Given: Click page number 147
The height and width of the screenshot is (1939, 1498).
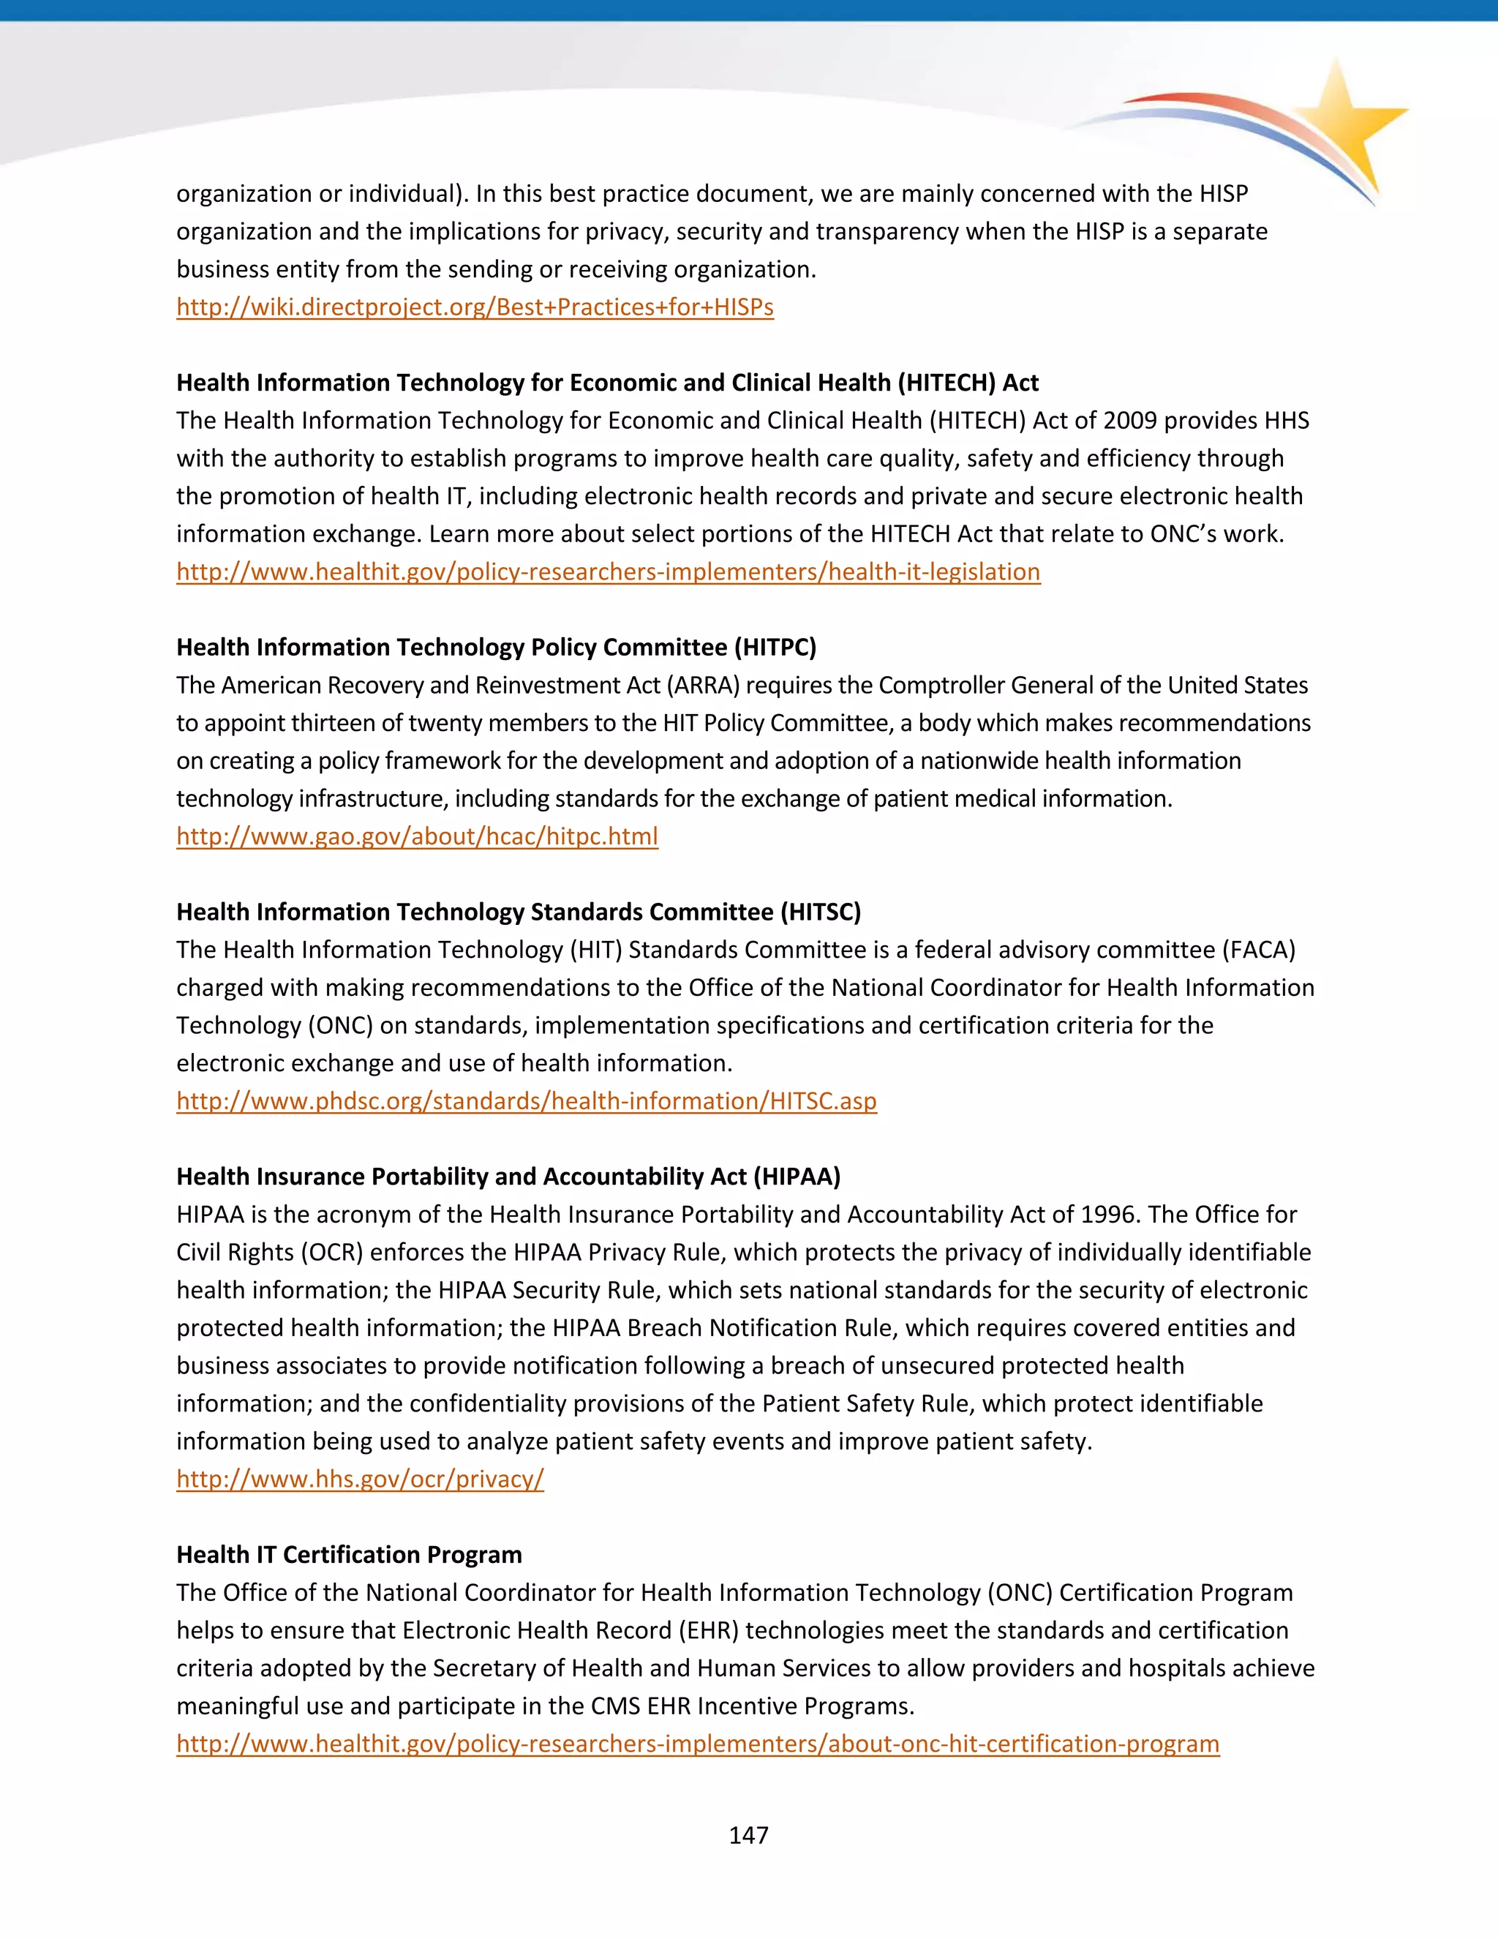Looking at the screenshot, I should tap(748, 1835).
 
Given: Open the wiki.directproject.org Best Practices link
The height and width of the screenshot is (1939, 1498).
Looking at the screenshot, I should tap(475, 307).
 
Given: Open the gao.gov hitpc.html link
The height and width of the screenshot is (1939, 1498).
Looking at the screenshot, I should tap(417, 836).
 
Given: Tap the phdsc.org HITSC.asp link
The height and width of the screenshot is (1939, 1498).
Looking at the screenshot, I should tap(526, 1101).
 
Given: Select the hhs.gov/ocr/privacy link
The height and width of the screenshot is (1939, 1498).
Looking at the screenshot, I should tap(359, 1479).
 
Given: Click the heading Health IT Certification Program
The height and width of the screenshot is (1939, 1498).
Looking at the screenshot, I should tap(349, 1555).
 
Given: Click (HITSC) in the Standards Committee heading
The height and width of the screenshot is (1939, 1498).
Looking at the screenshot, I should tap(821, 912).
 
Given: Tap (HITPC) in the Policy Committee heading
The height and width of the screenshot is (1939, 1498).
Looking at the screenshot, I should tap(775, 648).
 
